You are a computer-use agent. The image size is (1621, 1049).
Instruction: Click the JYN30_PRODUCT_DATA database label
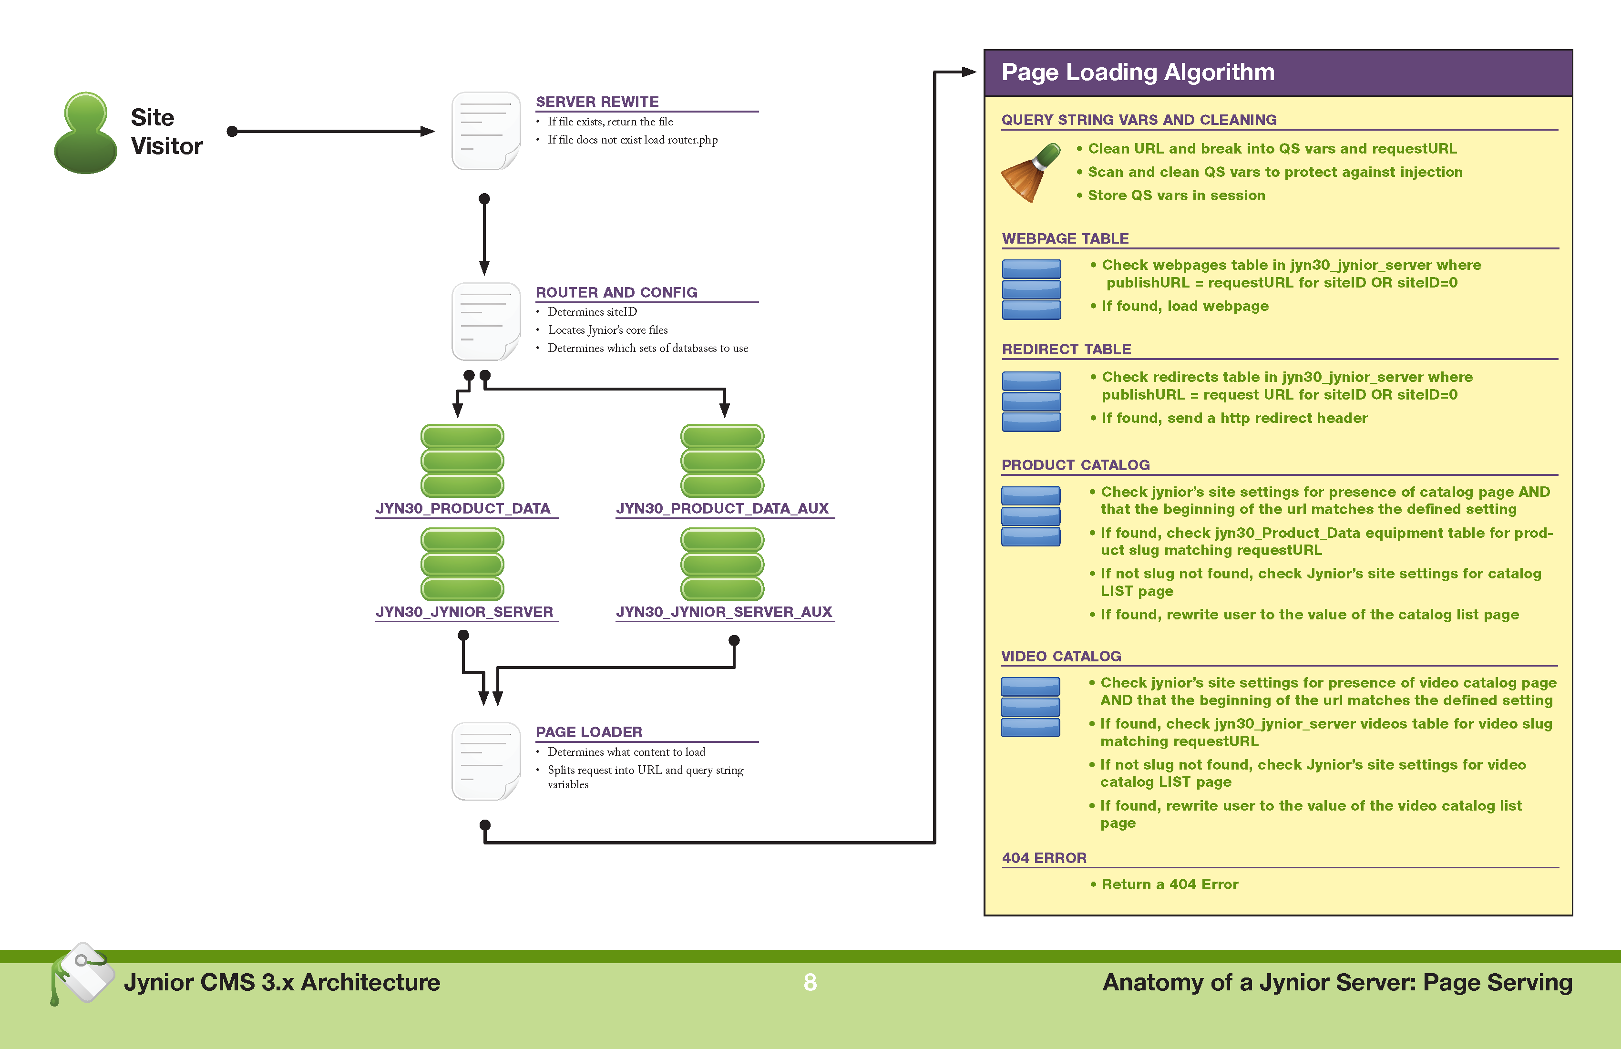click(463, 508)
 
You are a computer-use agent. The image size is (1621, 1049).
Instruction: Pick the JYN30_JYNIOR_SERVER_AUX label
click(724, 612)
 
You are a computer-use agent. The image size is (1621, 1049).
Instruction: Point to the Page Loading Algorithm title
click(1138, 72)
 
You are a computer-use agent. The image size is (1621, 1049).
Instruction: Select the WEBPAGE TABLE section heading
click(1065, 238)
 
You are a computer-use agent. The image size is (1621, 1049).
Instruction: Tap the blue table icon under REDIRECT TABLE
click(1031, 401)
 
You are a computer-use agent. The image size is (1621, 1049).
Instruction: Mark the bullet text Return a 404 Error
click(1170, 884)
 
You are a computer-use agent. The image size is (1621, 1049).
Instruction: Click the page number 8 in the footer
click(810, 982)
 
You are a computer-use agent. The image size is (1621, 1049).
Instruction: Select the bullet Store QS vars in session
click(1176, 195)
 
